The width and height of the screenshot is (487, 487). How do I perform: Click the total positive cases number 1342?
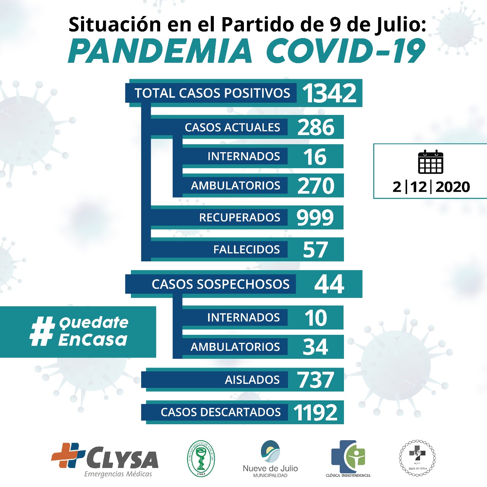point(329,93)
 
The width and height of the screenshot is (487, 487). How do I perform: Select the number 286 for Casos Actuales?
point(316,127)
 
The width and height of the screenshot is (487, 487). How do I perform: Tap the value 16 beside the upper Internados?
point(315,156)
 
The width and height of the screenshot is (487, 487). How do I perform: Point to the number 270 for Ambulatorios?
point(316,186)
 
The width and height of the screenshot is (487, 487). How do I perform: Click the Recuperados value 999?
point(315,218)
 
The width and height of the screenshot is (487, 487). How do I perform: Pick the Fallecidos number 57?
point(315,250)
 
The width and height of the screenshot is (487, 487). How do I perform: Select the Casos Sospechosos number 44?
point(329,284)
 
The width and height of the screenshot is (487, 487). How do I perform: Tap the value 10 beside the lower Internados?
point(315,318)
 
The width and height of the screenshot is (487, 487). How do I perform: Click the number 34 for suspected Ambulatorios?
point(315,347)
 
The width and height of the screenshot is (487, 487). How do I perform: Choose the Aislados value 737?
point(315,380)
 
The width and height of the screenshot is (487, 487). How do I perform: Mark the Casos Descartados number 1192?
point(315,412)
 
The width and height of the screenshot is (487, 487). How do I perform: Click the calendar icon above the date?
point(430,162)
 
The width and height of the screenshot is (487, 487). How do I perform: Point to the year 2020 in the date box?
point(452,187)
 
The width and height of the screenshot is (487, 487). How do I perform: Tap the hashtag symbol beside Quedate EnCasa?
point(42,331)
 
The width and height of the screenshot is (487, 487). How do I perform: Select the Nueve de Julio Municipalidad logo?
point(270,458)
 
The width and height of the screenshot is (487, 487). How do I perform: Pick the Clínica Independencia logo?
point(348,458)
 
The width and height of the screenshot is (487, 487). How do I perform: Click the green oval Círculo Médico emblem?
point(201,458)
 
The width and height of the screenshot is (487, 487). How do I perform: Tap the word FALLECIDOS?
point(246,250)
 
